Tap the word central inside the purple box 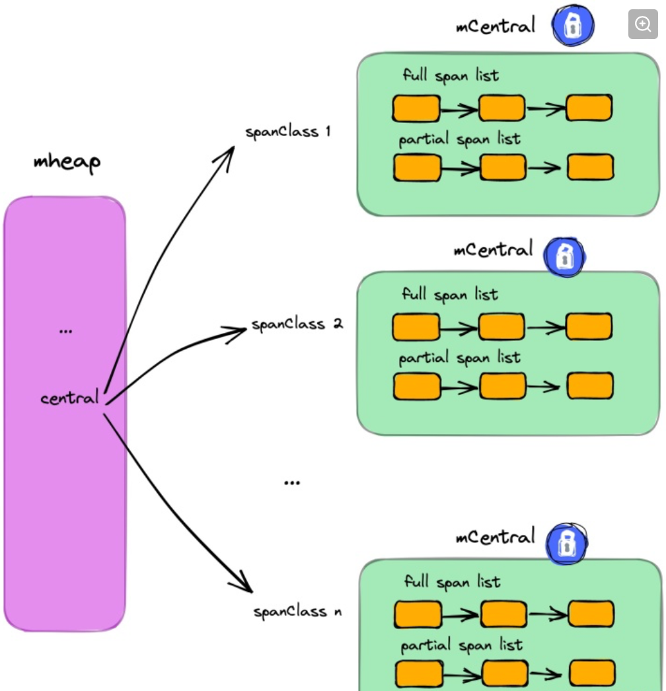click(x=69, y=398)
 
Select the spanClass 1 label click(x=287, y=131)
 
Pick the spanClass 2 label click(x=297, y=325)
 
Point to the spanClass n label click(x=297, y=612)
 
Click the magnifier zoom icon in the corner click(x=643, y=25)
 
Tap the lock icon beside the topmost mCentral click(x=573, y=26)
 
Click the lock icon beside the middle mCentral click(x=564, y=256)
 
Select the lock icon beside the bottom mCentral click(x=567, y=543)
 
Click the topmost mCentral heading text click(x=495, y=27)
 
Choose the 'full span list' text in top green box click(x=451, y=76)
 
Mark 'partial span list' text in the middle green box click(x=459, y=358)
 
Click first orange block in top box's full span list click(x=416, y=108)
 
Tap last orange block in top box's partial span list click(x=591, y=167)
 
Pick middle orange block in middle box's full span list click(x=501, y=327)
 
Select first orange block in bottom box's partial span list click(x=419, y=673)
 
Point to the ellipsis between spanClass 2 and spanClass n click(x=292, y=483)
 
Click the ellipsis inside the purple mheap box click(x=65, y=331)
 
